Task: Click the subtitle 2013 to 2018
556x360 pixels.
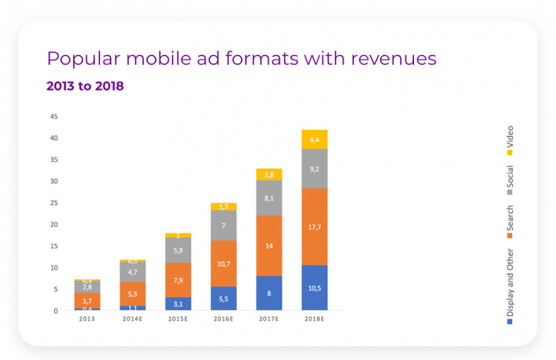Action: click(x=85, y=86)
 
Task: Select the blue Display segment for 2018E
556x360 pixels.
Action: click(x=314, y=288)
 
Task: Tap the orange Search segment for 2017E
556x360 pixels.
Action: click(x=268, y=245)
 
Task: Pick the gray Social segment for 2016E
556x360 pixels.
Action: click(x=224, y=225)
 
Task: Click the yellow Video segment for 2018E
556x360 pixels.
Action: click(x=314, y=139)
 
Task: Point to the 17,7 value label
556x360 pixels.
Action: click(x=314, y=228)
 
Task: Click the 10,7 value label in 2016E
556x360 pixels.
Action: click(x=224, y=263)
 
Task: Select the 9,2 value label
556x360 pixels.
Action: click(x=314, y=169)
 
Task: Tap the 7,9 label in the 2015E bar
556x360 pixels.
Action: click(x=179, y=280)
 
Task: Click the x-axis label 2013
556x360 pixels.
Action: click(x=88, y=319)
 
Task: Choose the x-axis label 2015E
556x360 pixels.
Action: click(x=179, y=319)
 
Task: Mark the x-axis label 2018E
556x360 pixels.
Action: click(x=314, y=319)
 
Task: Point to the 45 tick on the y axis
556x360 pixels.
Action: click(x=53, y=116)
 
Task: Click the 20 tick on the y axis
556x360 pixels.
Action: click(x=53, y=225)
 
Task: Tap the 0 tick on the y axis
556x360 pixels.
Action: click(x=56, y=311)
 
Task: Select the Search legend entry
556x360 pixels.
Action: click(x=510, y=224)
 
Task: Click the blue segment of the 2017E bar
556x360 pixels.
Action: click(x=268, y=293)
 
